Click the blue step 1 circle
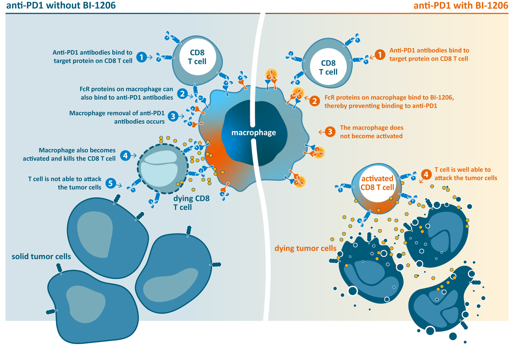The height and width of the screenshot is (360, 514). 142,57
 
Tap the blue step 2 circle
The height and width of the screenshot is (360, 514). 182,93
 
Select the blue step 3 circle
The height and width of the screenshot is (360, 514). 173,116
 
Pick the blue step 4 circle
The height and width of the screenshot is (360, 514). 125,155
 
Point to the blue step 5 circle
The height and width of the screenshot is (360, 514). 110,183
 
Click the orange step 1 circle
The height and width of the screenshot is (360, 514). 380,54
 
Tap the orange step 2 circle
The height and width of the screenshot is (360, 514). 315,101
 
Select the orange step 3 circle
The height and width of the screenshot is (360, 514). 330,132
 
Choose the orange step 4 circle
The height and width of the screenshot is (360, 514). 426,174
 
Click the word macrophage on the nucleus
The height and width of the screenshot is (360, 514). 253,133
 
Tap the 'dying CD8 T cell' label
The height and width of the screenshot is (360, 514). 191,203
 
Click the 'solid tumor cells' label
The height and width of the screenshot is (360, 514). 41,257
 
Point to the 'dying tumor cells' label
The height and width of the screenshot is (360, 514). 305,249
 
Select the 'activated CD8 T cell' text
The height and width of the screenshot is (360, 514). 377,183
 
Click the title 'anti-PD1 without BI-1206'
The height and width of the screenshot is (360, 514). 61,6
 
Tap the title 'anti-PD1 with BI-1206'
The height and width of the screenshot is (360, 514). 461,6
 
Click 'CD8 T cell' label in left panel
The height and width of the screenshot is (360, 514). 197,57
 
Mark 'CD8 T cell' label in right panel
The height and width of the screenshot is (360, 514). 328,67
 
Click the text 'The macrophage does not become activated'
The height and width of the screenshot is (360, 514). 371,132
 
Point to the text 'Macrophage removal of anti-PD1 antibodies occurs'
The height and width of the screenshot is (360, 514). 117,117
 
